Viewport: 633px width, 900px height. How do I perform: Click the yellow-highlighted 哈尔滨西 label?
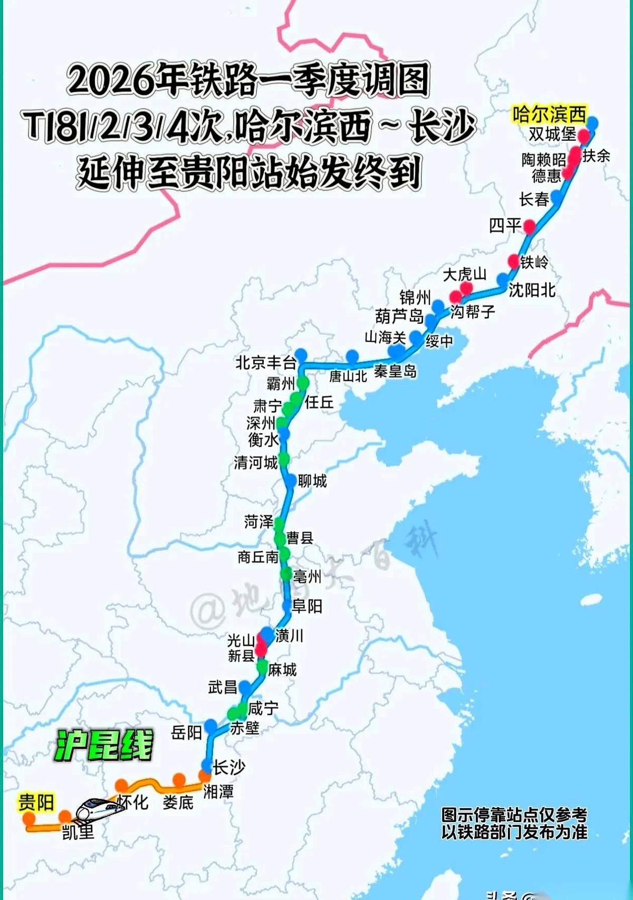point(549,114)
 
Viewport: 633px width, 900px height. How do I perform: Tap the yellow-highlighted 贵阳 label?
point(36,802)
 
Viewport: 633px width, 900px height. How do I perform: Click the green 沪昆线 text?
point(104,745)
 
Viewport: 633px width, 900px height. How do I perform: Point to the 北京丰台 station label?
point(265,363)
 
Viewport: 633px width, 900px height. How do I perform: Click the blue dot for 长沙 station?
point(206,766)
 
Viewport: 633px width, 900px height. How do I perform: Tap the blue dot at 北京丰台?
point(301,354)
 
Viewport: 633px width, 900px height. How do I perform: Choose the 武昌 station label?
point(223,687)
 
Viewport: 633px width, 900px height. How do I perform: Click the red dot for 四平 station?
point(529,227)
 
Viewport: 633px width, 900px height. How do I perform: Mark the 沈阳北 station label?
point(532,289)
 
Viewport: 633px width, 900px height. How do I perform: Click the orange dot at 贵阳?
point(28,818)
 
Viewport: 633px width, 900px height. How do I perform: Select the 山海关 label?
point(385,337)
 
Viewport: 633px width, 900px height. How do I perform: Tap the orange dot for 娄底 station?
point(179,779)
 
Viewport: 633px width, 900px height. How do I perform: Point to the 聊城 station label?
point(312,481)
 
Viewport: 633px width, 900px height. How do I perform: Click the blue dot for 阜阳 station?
point(286,606)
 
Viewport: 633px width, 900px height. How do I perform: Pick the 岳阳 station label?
point(187,732)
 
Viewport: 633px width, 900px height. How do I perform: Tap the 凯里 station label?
point(78,832)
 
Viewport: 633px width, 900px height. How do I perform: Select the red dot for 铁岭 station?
point(514,260)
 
